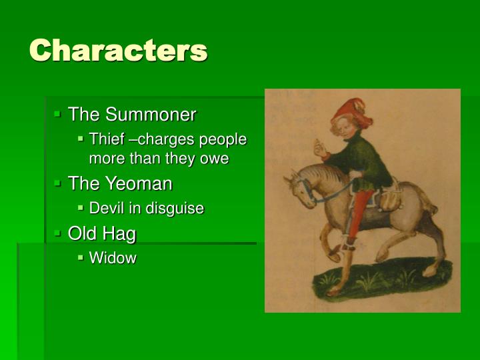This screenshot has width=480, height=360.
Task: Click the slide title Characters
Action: tap(118, 51)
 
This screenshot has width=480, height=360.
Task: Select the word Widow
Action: tap(113, 258)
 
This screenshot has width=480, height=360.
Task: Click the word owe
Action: tap(215, 159)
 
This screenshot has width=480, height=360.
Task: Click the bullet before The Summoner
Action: tap(58, 114)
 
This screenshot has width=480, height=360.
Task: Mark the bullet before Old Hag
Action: tap(58, 233)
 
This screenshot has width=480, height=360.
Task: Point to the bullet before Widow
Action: tap(81, 257)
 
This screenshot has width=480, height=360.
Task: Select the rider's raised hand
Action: tap(321, 148)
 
